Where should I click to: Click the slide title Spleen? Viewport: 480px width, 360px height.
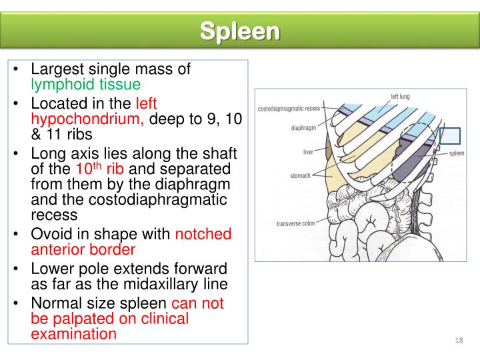(x=240, y=31)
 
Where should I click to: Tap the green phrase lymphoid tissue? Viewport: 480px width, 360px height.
(x=86, y=85)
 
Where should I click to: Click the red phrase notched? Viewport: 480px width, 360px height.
(x=203, y=234)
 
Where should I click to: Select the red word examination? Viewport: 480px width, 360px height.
(x=73, y=334)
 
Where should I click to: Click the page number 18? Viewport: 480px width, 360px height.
(x=458, y=341)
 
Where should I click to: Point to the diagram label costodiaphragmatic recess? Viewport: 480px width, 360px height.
(x=289, y=108)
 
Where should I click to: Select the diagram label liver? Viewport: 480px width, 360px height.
(x=307, y=152)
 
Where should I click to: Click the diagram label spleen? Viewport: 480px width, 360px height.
(x=456, y=153)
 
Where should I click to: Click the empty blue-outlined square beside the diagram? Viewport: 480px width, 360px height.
(x=450, y=135)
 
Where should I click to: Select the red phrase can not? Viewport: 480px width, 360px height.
(x=198, y=303)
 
